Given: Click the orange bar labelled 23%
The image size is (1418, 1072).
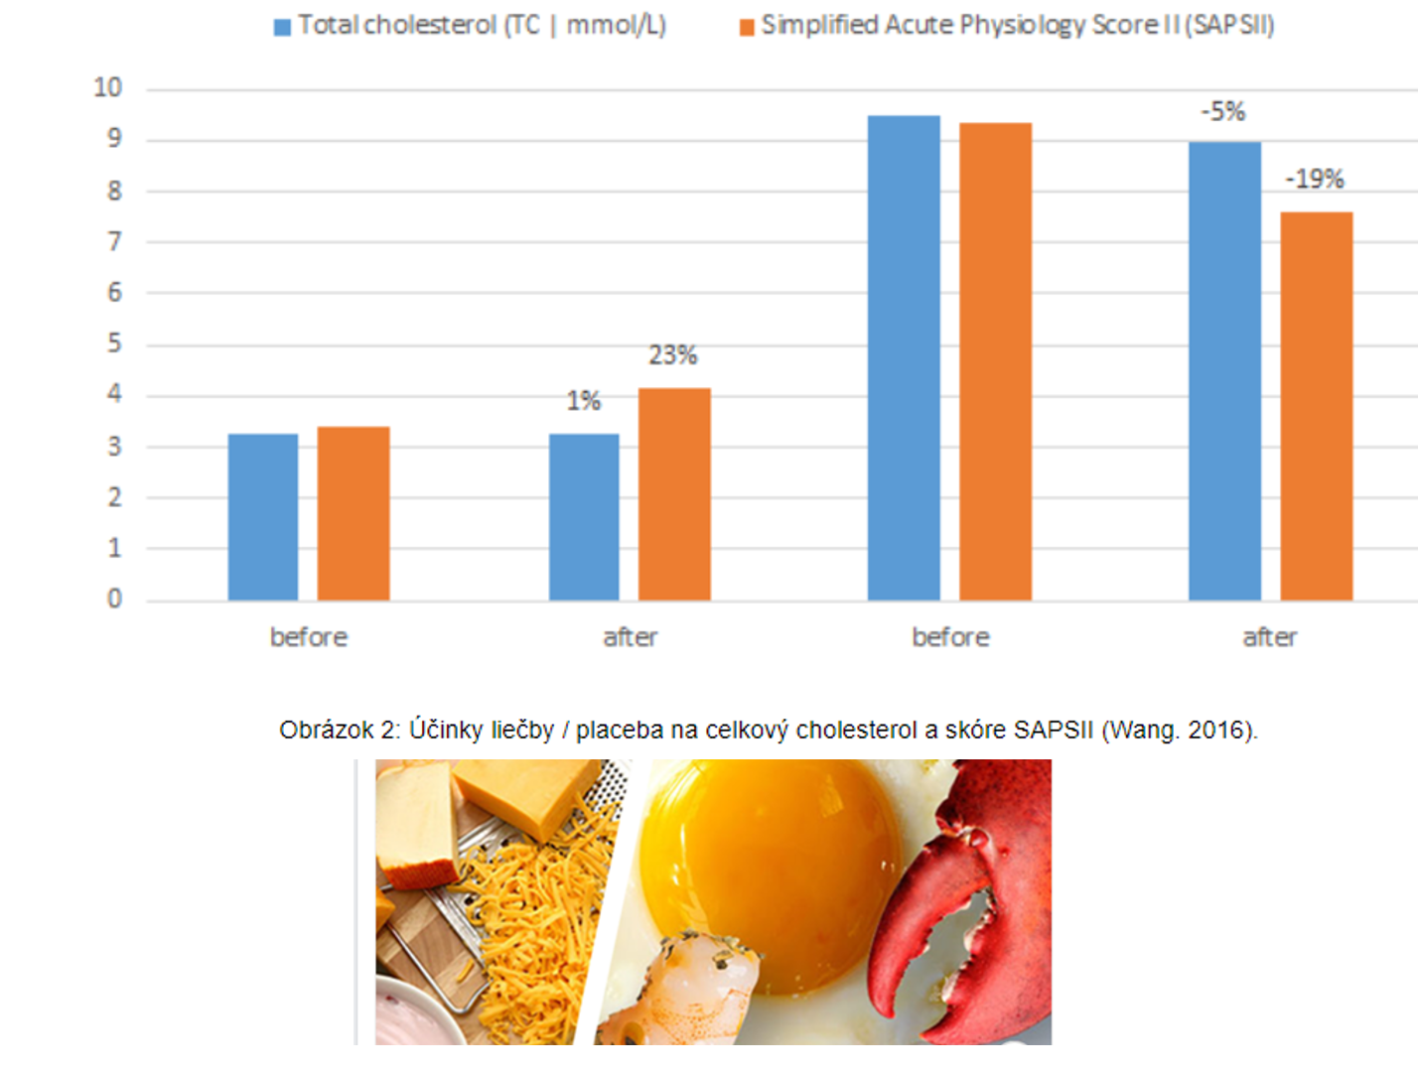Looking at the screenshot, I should (x=674, y=493).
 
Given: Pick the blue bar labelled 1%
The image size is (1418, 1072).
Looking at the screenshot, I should (x=584, y=516).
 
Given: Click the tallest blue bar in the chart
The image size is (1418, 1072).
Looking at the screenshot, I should (x=904, y=357).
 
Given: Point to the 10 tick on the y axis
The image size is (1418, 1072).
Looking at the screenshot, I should (x=107, y=88).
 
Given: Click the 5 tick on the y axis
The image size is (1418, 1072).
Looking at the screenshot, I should (x=114, y=343).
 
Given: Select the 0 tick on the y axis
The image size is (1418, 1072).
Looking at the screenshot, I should (x=114, y=599).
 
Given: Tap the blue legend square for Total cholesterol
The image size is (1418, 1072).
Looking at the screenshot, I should (x=282, y=27).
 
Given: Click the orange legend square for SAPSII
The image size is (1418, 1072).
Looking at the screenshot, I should (x=747, y=27).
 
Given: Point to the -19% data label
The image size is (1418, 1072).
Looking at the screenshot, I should (x=1314, y=180).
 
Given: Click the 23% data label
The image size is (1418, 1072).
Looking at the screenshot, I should (x=672, y=355).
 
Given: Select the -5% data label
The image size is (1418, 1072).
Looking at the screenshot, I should (x=1222, y=111).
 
